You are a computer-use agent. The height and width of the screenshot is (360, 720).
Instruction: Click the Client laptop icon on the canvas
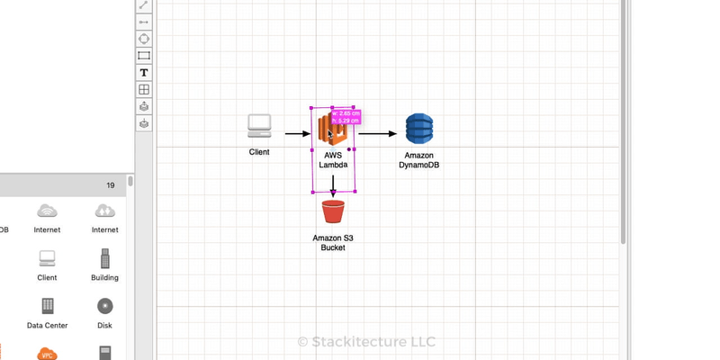coord(259,127)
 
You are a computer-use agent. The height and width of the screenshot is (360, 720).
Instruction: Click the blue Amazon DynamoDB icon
coord(419,129)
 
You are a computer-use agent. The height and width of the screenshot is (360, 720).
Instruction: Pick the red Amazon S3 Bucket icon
coord(333,212)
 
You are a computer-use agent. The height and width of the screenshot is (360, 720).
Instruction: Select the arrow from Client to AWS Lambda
coord(298,134)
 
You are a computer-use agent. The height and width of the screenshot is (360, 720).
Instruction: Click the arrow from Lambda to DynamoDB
coord(378,134)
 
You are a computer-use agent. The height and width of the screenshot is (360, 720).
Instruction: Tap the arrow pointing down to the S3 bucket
coord(333,186)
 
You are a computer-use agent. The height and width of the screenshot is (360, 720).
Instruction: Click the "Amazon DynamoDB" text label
coord(419,159)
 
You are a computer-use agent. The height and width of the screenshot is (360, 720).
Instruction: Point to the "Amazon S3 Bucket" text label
coord(333,242)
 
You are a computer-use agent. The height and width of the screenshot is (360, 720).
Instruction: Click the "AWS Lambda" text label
coord(333,159)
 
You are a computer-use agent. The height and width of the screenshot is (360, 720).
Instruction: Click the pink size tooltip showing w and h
coord(346,118)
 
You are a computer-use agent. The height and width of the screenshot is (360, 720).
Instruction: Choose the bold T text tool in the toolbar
coord(144,72)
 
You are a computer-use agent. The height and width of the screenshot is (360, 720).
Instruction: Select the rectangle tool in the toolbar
coord(144,55)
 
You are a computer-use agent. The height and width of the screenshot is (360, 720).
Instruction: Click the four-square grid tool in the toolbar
coord(144,89)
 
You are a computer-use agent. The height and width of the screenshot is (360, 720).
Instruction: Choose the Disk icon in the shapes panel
coord(104,306)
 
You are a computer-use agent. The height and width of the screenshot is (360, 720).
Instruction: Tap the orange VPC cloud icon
coord(47,354)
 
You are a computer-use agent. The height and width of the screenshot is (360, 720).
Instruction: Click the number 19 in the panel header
coord(110,185)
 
